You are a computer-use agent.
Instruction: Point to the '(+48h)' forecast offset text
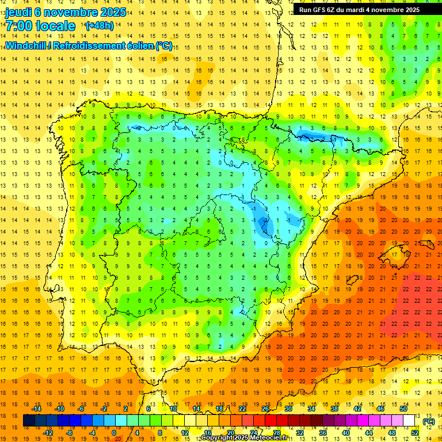(99, 26)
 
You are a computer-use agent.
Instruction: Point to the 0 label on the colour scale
(113, 433)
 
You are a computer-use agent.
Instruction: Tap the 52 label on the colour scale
(414, 433)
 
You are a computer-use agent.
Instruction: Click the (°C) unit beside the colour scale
(428, 422)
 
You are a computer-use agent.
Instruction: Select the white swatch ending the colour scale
(409, 421)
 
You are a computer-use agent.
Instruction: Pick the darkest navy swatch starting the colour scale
(29, 421)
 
